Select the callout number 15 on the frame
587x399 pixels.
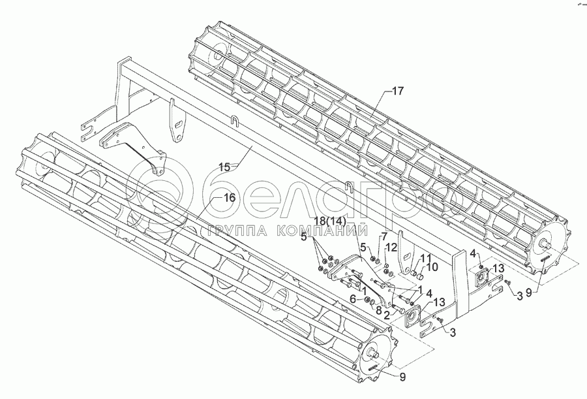(x=224, y=167)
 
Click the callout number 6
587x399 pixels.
(x=353, y=298)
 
